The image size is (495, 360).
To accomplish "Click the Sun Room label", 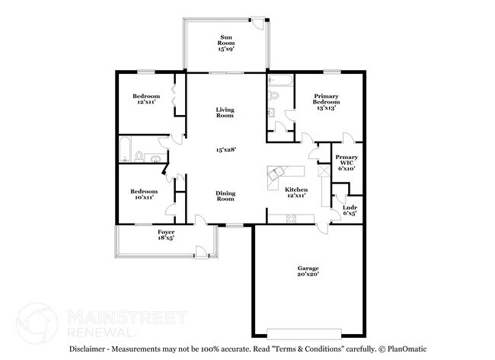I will coord(226,43).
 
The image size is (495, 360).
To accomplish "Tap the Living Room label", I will coord(225,113).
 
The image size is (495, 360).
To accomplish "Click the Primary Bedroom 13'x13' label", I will coord(326,103).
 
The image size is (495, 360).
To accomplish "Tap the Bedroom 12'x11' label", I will coord(146,99).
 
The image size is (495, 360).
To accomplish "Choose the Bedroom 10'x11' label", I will coord(143,194).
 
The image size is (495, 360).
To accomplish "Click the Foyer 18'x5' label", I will coord(166,234).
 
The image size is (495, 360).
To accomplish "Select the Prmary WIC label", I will coord(346,163).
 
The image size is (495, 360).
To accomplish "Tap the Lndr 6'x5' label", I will coord(350,211).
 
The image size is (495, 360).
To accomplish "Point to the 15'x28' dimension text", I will coord(225,150).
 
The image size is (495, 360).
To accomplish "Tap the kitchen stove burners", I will coord(290,219).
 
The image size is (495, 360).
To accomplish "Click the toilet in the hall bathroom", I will coord(139,158).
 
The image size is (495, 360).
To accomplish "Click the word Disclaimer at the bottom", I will coord(88,349).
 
